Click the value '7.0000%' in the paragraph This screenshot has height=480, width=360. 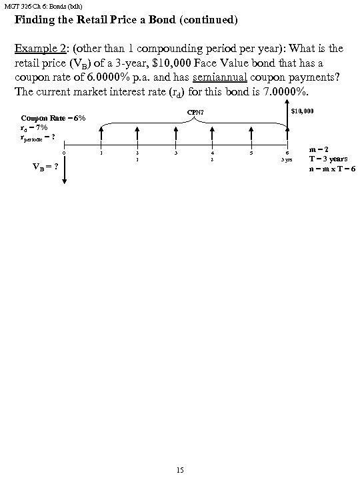(271, 91)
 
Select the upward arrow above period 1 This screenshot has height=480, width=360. (101, 134)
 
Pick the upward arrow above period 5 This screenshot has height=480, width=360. (251, 134)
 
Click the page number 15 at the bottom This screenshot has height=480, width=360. (179, 471)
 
